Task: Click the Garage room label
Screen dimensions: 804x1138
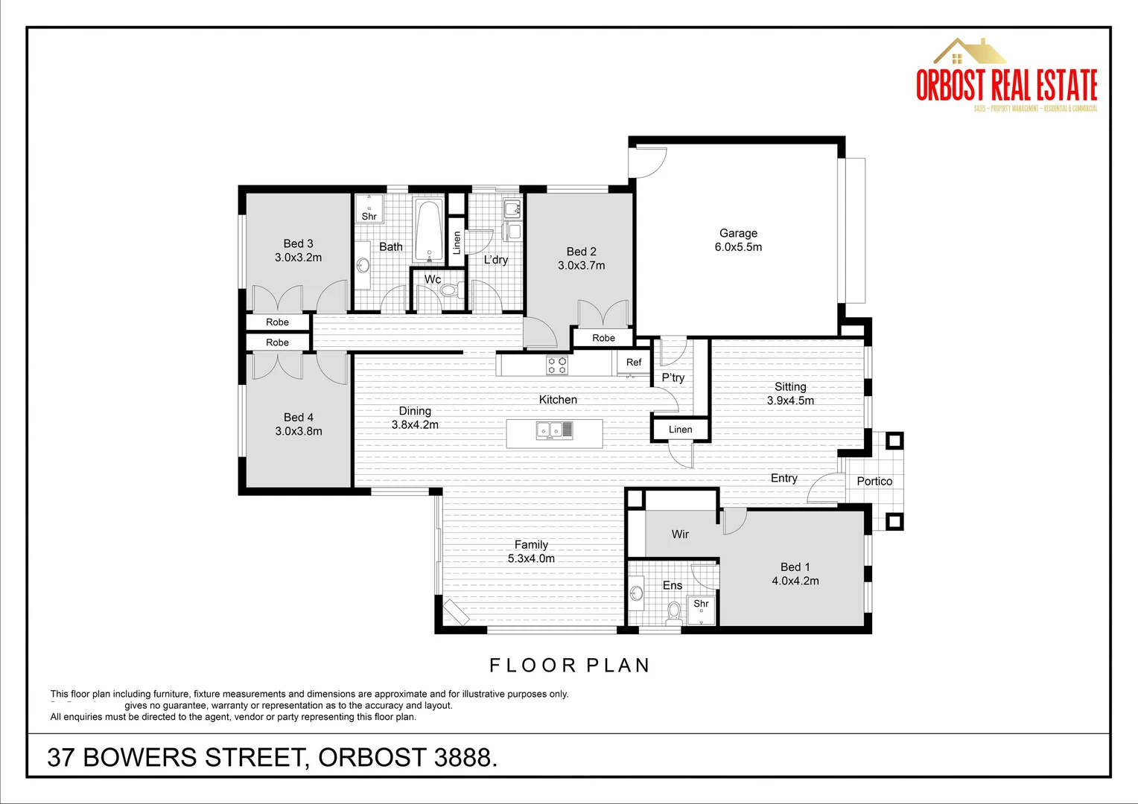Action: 738,233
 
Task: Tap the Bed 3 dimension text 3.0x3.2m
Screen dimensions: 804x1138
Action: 298,258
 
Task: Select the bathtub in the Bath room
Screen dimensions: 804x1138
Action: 429,230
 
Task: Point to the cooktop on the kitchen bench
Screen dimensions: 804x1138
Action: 557,365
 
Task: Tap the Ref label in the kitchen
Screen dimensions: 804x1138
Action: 634,363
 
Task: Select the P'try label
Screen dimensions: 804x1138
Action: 673,377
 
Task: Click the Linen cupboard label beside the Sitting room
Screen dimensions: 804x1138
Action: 680,430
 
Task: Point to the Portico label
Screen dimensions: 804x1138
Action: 874,481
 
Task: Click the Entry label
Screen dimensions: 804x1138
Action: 783,478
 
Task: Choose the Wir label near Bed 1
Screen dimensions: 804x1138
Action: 680,535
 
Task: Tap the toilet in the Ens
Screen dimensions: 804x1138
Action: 674,611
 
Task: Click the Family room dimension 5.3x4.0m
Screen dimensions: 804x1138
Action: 531,558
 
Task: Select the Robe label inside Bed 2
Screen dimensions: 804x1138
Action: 603,338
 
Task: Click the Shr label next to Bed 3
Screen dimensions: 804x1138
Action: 369,217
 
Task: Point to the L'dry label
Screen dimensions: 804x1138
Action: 496,260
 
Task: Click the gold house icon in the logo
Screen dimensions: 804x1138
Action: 970,51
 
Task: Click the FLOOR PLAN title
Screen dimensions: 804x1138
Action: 570,665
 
